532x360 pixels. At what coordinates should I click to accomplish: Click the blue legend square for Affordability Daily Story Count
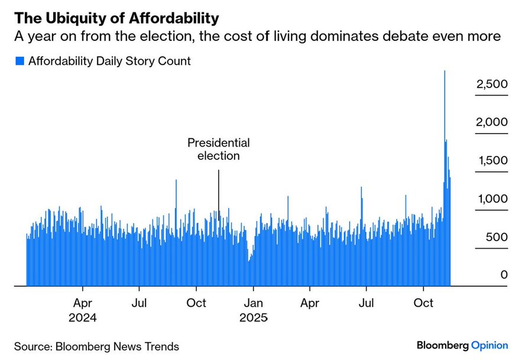[19, 61]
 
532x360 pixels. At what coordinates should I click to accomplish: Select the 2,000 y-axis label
[492, 122]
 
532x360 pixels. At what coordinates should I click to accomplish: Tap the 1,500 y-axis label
[492, 161]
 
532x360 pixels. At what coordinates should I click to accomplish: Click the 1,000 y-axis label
[492, 199]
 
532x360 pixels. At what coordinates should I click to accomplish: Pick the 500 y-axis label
[497, 237]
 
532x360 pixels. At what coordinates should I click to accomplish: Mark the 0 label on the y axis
[504, 275]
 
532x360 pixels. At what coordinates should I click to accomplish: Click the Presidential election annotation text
[218, 150]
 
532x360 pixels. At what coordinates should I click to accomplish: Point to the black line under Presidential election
[219, 195]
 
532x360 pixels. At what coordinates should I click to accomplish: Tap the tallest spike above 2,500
[445, 74]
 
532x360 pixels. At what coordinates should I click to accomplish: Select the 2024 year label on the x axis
[82, 317]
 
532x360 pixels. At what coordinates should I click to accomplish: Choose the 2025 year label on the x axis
[254, 317]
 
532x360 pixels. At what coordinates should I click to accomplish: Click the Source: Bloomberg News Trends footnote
[96, 346]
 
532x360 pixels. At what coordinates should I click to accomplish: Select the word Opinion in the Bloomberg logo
[489, 345]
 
